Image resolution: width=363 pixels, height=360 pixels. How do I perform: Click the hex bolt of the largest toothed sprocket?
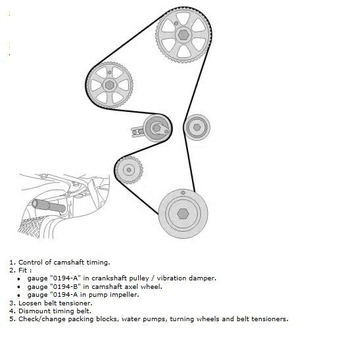coord(183,35)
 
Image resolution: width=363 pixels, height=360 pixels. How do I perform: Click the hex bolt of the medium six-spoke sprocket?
coord(110,85)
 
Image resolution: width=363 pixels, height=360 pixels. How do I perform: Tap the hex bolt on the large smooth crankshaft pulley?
coord(183,214)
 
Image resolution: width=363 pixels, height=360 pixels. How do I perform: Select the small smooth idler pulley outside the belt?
coord(197,127)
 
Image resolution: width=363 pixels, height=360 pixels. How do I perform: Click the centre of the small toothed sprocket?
coord(129,170)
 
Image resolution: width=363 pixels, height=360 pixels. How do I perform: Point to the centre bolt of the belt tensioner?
coord(157,128)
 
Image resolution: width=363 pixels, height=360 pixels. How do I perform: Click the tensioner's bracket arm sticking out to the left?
coord(137,132)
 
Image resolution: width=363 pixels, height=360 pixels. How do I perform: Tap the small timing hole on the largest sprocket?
coord(176,23)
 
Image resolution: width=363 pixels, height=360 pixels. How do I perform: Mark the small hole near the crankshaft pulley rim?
coord(183,193)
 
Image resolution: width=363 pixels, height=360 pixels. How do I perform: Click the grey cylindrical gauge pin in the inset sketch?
coord(49,206)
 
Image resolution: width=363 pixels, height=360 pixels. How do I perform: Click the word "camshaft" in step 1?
coord(69,263)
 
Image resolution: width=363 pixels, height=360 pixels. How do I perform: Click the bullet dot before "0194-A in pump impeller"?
coord(19,296)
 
